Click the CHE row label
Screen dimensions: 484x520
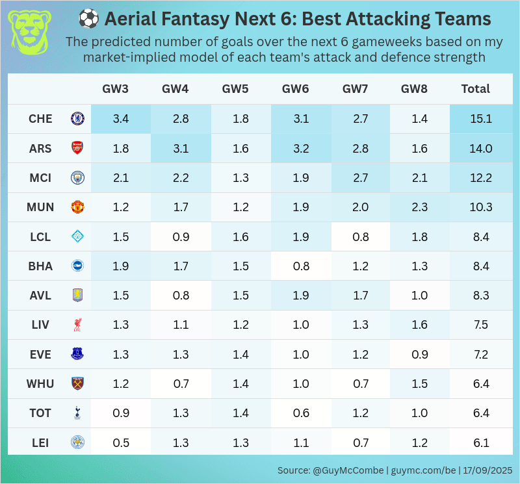click(40, 119)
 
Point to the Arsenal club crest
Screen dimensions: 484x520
click(77, 148)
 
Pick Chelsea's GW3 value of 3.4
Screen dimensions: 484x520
click(121, 119)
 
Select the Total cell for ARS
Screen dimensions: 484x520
click(480, 148)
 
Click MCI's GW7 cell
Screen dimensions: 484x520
click(361, 178)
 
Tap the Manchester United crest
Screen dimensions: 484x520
click(77, 207)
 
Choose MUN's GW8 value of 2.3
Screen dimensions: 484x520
click(420, 207)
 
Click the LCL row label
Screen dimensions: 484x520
click(40, 237)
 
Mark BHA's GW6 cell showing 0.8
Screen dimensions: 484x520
click(300, 266)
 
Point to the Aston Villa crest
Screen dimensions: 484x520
click(77, 296)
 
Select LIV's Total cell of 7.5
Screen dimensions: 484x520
click(480, 325)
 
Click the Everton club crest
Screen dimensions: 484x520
click(77, 354)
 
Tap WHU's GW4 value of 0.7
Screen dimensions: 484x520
click(181, 383)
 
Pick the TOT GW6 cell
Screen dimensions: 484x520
click(300, 413)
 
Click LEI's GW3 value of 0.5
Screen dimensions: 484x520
click(121, 442)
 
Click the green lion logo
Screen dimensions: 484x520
click(29, 32)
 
